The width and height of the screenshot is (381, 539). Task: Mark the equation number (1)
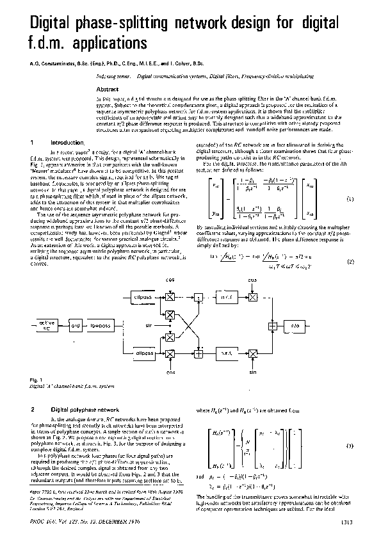350,200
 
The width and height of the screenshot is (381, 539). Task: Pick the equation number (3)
350,445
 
